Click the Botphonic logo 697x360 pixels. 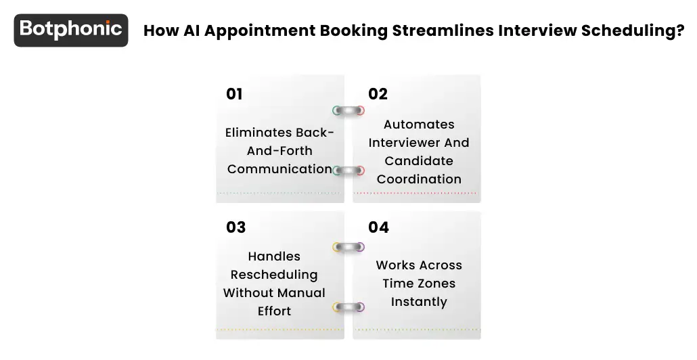71,30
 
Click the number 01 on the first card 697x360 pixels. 234,94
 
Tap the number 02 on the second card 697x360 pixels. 378,94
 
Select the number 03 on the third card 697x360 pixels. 235,227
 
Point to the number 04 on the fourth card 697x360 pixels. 378,227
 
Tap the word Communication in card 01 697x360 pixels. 279,169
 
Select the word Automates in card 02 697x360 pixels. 419,125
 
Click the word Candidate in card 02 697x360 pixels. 419,161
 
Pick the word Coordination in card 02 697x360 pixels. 419,179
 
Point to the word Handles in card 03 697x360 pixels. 274,256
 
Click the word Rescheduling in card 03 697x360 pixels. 274,275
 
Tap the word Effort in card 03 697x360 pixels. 274,311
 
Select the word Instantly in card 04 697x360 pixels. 419,302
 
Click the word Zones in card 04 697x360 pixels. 437,284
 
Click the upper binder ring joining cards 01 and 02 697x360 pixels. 348,110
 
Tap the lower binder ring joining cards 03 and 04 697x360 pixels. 348,307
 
